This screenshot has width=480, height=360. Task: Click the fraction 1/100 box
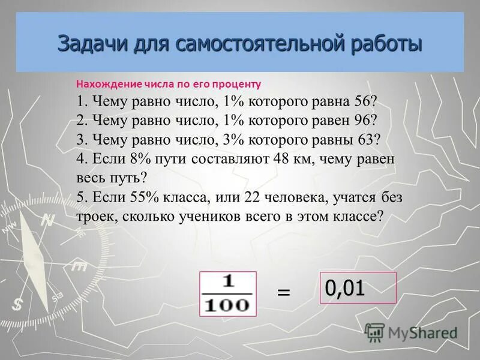coord(227,293)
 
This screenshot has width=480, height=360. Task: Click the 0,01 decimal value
coord(345,288)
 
